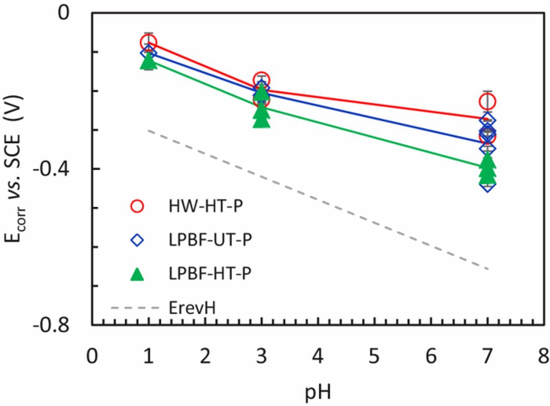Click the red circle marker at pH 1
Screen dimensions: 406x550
point(148,43)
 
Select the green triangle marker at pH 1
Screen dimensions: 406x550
point(148,62)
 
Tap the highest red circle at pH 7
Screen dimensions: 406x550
point(488,102)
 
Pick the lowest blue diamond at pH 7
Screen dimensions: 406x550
point(488,185)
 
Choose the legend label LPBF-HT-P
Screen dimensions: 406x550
point(210,274)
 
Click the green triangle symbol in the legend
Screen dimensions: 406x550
point(137,274)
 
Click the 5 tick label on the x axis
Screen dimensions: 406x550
point(374,357)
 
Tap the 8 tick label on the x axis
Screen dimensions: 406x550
point(543,357)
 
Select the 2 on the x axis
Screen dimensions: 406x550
point(205,357)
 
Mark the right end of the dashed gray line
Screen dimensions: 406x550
point(488,269)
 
